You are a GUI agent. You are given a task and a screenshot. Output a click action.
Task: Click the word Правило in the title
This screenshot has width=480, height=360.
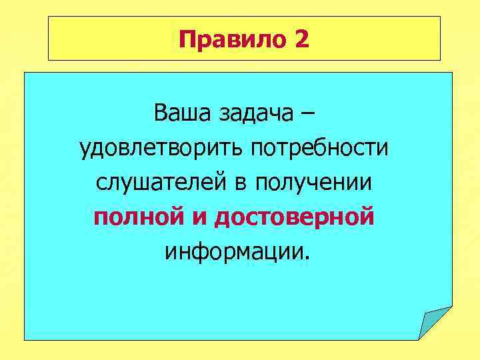click(231, 41)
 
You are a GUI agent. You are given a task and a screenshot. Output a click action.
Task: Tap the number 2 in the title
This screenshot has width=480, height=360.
click(301, 40)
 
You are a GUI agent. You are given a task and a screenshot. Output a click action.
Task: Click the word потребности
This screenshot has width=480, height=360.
click(319, 148)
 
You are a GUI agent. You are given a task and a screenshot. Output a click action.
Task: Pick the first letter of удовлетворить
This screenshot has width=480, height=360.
click(84, 150)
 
